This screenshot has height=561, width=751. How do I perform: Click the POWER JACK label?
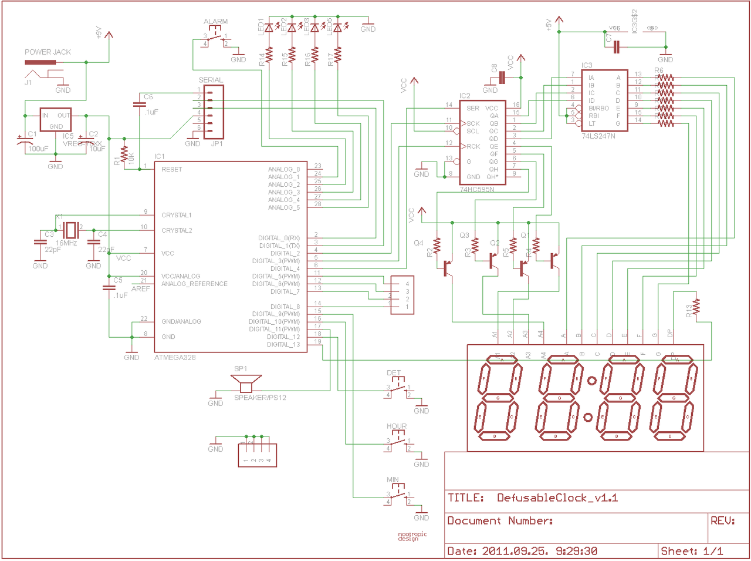(x=48, y=52)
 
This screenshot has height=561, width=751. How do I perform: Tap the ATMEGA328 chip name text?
(x=175, y=357)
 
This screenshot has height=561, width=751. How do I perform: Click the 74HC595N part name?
(x=476, y=190)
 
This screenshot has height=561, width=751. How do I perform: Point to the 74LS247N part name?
(x=598, y=136)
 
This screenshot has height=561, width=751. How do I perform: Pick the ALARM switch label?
(x=215, y=22)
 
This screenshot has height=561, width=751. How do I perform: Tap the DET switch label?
(x=394, y=373)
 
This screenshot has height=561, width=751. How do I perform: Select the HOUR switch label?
(x=397, y=426)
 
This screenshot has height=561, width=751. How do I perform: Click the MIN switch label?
(x=393, y=480)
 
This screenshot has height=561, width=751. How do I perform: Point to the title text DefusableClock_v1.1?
(x=557, y=498)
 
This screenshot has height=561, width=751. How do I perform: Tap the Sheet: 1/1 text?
(x=692, y=551)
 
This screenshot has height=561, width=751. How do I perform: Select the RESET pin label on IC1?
(x=172, y=169)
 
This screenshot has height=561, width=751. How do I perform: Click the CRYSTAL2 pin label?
(x=177, y=230)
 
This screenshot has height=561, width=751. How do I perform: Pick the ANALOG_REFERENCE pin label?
(x=194, y=284)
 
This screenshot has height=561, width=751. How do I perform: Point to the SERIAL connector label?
(x=211, y=80)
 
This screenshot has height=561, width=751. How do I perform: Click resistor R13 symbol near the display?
(x=696, y=307)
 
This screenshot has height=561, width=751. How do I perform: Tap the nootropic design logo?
(x=412, y=536)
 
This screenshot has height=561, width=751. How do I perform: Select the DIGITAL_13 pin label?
(x=283, y=344)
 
